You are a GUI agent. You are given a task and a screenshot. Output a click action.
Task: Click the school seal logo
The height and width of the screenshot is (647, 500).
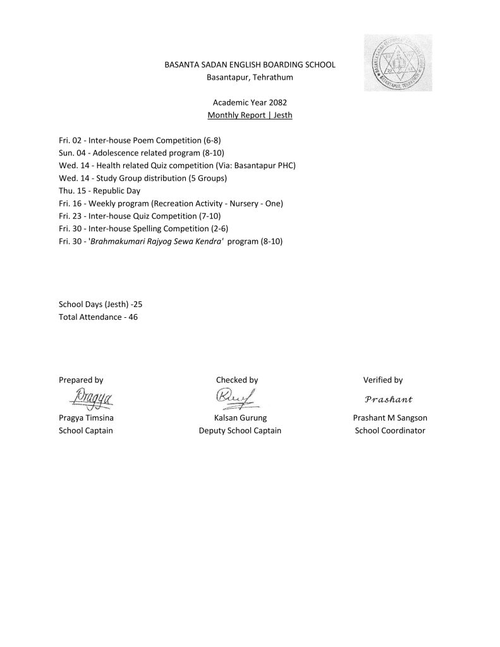click(x=398, y=63)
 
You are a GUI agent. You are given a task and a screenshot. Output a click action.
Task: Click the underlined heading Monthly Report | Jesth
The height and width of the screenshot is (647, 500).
click(x=250, y=116)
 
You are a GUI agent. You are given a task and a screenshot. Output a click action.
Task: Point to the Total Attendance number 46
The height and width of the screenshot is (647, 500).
click(x=133, y=317)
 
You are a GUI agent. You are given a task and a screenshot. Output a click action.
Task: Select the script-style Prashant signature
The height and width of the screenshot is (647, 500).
click(x=389, y=399)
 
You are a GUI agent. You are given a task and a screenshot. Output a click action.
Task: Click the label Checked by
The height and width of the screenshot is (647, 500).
click(x=237, y=380)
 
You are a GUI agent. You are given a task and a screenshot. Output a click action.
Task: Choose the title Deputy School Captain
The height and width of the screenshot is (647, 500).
click(x=240, y=430)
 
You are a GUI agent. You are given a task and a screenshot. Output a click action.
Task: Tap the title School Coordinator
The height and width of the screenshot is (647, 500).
click(x=390, y=430)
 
